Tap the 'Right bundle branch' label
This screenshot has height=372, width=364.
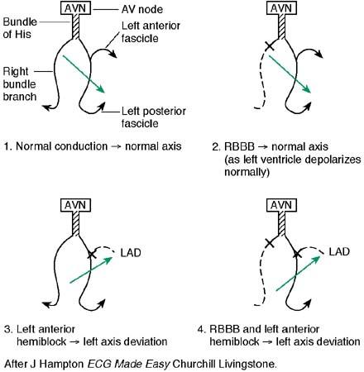click(x=20, y=83)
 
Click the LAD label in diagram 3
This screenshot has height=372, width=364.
click(x=132, y=249)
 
